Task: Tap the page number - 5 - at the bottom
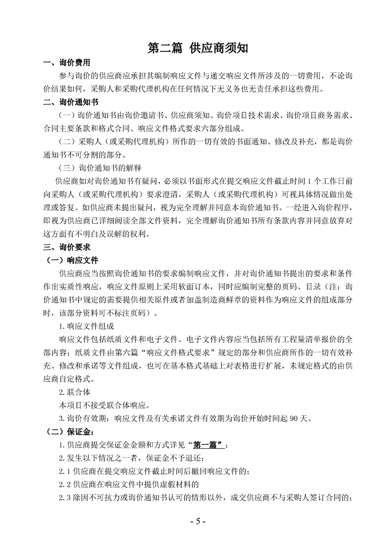click(x=197, y=521)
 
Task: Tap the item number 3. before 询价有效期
click(x=62, y=418)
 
